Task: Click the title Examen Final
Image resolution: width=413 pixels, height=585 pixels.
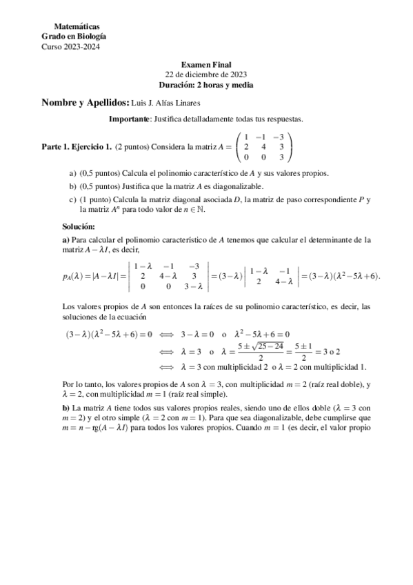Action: pos(206,64)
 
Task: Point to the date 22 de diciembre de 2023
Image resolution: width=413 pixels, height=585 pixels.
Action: pos(206,74)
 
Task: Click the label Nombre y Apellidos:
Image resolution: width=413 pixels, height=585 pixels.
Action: pos(85,103)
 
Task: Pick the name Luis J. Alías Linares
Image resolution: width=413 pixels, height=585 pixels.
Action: pos(166,103)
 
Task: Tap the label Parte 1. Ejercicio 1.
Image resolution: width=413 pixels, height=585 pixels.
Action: pos(77,147)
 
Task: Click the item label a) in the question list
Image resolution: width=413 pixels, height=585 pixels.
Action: pos(72,172)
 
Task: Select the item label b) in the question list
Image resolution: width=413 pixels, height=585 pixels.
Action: pos(72,186)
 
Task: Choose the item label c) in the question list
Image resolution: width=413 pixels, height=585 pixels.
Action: pos(72,199)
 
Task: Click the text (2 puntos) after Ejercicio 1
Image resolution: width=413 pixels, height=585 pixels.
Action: pos(134,147)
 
